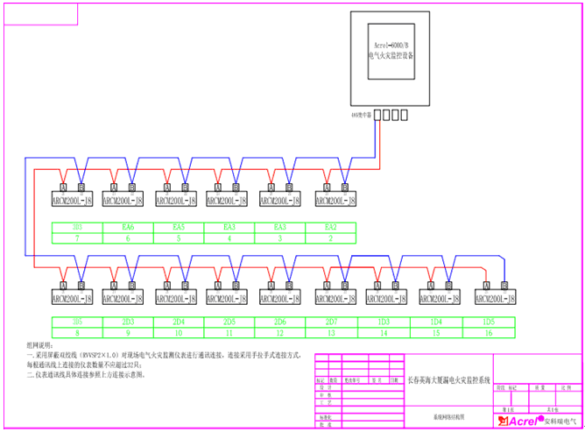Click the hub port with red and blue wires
[x=380, y=114]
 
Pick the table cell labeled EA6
[x=128, y=227]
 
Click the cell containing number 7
[x=77, y=237]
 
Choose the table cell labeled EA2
[x=331, y=227]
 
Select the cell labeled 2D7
[x=331, y=322]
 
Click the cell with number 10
[x=179, y=333]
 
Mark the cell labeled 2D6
[x=280, y=322]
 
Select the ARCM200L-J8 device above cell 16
[x=496, y=298]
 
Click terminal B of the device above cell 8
[x=81, y=285]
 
